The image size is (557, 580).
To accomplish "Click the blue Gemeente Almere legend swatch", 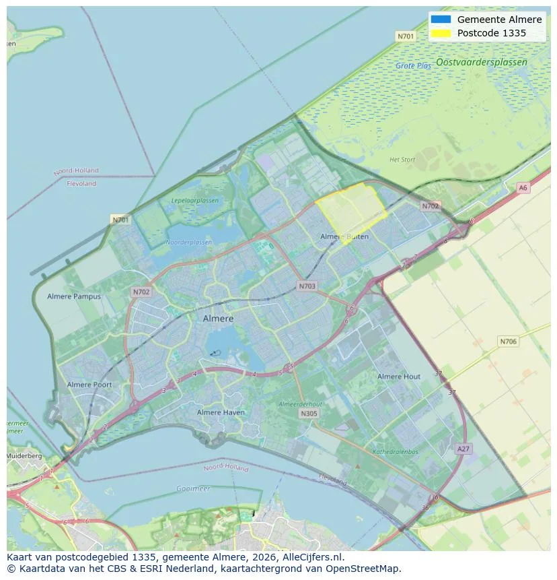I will tap(441, 20).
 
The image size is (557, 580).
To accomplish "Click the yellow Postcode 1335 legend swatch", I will tap(441, 33).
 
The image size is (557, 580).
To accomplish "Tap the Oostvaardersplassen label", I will tap(482, 62).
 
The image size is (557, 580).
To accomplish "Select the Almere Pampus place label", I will tap(74, 296).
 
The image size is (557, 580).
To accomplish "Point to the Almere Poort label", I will tap(89, 385).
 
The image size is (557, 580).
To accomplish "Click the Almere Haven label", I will tap(221, 412).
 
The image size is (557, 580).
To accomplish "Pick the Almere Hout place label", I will tap(399, 377).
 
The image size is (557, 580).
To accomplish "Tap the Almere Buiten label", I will tap(344, 237).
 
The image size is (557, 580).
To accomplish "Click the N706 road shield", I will tap(509, 342).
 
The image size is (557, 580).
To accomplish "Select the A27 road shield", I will tap(463, 449).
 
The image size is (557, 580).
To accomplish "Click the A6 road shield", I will tap(523, 188).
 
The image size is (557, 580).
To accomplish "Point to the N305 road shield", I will tap(309, 414).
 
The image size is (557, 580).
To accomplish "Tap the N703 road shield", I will tap(307, 286).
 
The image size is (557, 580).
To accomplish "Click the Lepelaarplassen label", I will tap(195, 201).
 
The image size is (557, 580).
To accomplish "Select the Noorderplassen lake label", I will tap(189, 242).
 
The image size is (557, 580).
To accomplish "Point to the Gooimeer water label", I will tap(193, 488).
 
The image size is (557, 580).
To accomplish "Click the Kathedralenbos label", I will tap(396, 452).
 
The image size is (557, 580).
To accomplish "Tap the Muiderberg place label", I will tap(24, 456).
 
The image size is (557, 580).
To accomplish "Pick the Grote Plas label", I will tap(414, 66).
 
